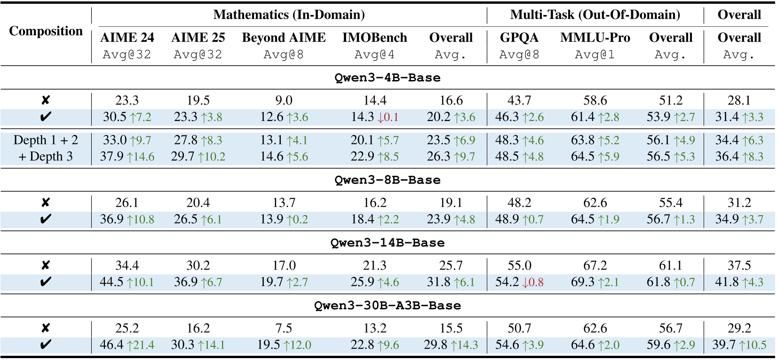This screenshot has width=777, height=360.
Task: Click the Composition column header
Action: tap(46, 31)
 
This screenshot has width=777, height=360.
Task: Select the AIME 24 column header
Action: tap(127, 38)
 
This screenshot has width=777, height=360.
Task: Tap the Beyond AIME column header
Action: tap(284, 38)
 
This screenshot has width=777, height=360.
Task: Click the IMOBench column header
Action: tap(374, 38)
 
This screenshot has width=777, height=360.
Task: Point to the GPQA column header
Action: tap(519, 38)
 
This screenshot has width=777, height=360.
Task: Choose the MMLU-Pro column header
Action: tap(595, 38)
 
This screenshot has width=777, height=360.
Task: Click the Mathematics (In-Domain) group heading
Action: tap(289, 15)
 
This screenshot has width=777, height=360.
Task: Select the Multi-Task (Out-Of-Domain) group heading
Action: tap(595, 15)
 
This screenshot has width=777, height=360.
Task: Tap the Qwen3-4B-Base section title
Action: tap(388, 78)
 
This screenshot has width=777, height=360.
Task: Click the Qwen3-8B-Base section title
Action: tap(388, 180)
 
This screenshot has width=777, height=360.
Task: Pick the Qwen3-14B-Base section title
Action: tap(388, 243)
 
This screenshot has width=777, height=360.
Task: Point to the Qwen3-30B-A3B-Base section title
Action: tap(388, 305)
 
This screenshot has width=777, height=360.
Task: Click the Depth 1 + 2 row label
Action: tap(46, 140)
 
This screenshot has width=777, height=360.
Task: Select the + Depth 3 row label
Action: tap(46, 156)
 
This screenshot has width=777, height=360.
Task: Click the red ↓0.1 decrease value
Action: tap(388, 117)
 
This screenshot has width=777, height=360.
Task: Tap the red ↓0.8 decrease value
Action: tap(532, 282)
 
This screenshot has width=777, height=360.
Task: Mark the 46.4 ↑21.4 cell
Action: tap(127, 345)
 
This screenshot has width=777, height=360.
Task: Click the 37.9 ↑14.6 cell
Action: tap(127, 156)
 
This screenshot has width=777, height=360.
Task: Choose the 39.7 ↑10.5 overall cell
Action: tap(739, 345)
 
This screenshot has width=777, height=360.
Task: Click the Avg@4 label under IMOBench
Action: tap(374, 55)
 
